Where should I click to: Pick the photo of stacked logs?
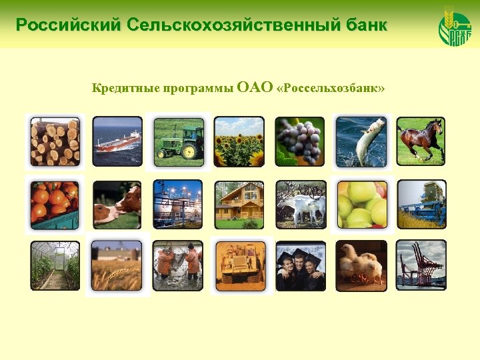pos(55,142)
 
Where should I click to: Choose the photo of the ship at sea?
pos(117,142)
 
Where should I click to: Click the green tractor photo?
pos(179,142)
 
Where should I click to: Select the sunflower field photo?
pos(239,142)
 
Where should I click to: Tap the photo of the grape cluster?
pos(300,142)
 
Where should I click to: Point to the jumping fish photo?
pos(361,142)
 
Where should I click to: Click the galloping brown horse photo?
pos(421,142)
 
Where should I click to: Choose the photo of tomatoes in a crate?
pos(55,204)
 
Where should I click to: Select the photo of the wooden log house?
pos(239,204)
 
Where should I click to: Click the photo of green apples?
pos(361,204)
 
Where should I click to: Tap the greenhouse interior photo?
pos(55,265)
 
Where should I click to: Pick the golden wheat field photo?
pos(117,265)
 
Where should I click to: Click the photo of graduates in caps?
pos(300,265)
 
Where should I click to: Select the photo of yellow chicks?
pos(361,265)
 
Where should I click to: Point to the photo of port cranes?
pos(421,265)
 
